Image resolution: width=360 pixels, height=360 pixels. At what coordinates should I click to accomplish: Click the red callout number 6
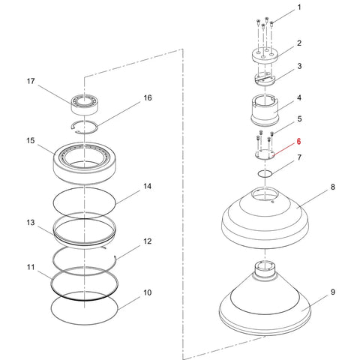[298, 142]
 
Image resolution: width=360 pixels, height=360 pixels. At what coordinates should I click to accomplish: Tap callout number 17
[31, 81]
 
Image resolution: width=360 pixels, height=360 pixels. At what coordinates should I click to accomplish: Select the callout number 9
[333, 292]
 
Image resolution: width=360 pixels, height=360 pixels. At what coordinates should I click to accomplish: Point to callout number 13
[31, 222]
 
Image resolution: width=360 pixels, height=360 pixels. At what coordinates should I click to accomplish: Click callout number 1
[299, 7]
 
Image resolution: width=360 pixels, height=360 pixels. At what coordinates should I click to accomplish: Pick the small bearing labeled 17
[85, 105]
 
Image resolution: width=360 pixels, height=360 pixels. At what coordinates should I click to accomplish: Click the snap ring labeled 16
[85, 127]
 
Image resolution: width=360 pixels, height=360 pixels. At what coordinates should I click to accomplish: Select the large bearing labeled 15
[85, 163]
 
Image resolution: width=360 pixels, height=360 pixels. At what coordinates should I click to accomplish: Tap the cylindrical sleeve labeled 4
[265, 110]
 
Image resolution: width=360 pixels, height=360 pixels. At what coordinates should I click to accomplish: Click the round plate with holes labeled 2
[265, 55]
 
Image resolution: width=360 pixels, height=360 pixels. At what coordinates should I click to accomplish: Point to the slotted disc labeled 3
[265, 79]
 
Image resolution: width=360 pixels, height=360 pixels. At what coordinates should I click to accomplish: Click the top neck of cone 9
[265, 268]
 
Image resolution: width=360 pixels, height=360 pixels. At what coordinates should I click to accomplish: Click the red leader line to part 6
[284, 149]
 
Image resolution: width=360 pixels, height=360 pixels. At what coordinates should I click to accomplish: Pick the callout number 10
[148, 292]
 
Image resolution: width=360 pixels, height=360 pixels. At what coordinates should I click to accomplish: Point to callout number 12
[148, 241]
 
